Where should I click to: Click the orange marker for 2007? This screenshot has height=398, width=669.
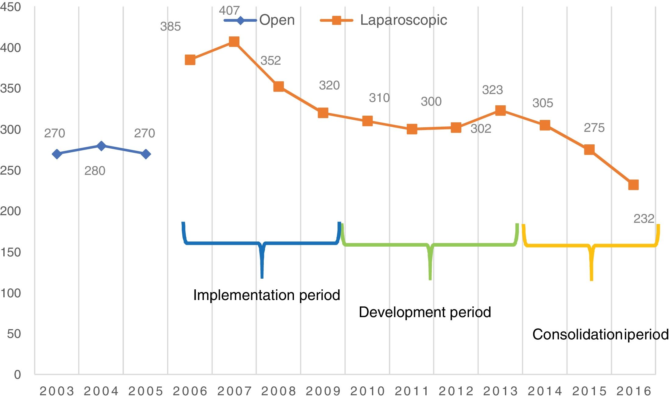pyautogui.click(x=234, y=42)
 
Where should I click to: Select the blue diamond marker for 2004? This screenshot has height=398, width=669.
pyautogui.click(x=101, y=146)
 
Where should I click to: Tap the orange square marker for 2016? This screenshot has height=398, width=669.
pyautogui.click(x=633, y=185)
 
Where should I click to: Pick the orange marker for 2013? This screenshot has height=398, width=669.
pyautogui.click(x=500, y=110)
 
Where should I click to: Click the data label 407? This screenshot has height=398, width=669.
pyautogui.click(x=229, y=11)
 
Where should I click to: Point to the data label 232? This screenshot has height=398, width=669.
pyautogui.click(x=644, y=219)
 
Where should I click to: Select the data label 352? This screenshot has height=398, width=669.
pyautogui.click(x=270, y=60)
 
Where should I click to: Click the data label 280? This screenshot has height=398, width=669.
pyautogui.click(x=95, y=171)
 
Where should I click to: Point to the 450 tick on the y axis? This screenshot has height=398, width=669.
pyautogui.click(x=11, y=7)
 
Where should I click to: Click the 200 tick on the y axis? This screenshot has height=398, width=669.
pyautogui.click(x=11, y=211)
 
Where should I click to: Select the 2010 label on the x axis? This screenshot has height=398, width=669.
pyautogui.click(x=367, y=391)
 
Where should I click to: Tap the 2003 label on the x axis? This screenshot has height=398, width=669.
pyautogui.click(x=57, y=391)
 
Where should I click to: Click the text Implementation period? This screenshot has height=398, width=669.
pyautogui.click(x=267, y=295)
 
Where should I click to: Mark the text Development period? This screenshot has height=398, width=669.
pyautogui.click(x=425, y=312)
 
